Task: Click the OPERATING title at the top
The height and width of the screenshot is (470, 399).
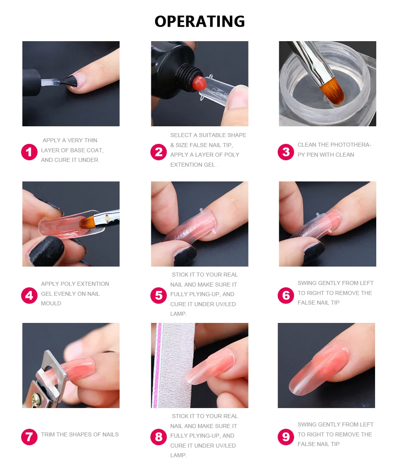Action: [199, 21]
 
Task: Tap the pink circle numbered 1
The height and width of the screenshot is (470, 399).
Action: [30, 152]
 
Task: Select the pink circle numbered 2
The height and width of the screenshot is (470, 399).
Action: [159, 152]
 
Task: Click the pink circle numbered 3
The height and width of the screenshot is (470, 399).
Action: [286, 152]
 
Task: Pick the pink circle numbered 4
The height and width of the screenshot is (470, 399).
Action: [30, 296]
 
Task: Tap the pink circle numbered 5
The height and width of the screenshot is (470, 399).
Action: [159, 296]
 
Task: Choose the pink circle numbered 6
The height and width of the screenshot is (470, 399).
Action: [286, 296]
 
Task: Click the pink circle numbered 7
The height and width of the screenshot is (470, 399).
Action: [30, 437]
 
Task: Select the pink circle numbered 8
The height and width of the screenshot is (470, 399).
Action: [159, 437]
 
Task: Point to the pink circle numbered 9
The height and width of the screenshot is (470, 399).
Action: [286, 437]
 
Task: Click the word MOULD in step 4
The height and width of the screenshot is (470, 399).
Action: [51, 303]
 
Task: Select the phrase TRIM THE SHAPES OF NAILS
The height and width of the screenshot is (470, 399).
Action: [80, 434]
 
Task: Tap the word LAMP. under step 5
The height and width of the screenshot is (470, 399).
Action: [179, 314]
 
